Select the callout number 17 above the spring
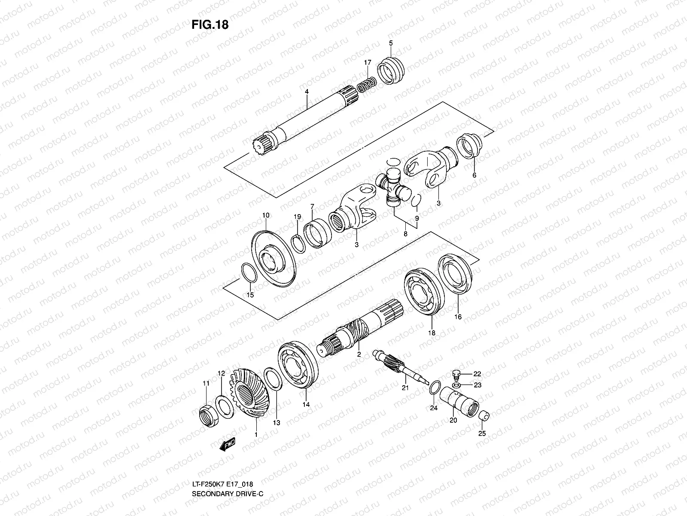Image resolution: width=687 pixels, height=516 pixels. click(x=368, y=63)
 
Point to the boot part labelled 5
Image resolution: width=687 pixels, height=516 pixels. click(x=391, y=70)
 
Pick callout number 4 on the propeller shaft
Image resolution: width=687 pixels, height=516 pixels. click(x=307, y=92)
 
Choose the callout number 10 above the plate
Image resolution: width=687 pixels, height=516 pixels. click(x=266, y=215)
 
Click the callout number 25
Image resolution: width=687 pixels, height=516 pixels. click(x=482, y=433)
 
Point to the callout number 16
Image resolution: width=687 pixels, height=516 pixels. click(x=458, y=317)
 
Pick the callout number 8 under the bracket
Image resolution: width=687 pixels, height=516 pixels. click(x=405, y=234)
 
